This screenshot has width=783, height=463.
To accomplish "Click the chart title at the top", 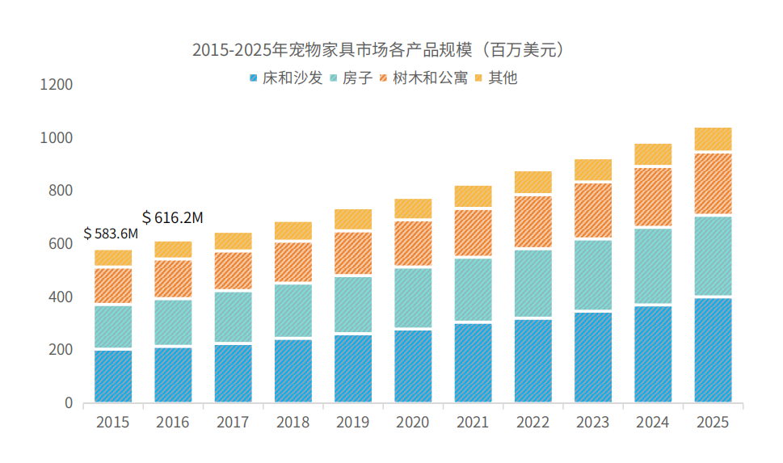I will pos(377,50).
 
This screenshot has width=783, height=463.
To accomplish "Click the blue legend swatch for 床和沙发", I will pos(254,78).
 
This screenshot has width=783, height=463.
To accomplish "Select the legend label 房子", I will pos(356,78).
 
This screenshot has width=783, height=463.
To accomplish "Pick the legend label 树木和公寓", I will pos(430,78).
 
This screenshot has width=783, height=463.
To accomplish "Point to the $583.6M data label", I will pos(111,234).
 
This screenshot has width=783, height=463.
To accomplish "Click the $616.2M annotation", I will pos(172,217).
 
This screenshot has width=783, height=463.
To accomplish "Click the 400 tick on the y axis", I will pos(61,297).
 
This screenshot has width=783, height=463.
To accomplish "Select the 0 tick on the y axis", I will pos(69,403).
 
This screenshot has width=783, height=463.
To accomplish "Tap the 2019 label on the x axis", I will pos(352,423).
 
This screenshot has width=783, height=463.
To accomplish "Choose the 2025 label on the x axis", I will pos(713,423).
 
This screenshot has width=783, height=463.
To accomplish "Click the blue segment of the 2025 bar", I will pos(713,351).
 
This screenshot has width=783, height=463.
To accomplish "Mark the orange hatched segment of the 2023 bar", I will pos(593,210).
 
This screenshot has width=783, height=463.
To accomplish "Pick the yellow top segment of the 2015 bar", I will pos(113,259).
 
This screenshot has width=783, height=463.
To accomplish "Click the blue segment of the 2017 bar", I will pos(233,373).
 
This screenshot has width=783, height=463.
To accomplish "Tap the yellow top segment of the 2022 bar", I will pos(533,183).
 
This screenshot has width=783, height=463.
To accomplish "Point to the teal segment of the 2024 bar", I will pos(653,266).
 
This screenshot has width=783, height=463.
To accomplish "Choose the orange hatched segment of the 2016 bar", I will pos(173,279).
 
